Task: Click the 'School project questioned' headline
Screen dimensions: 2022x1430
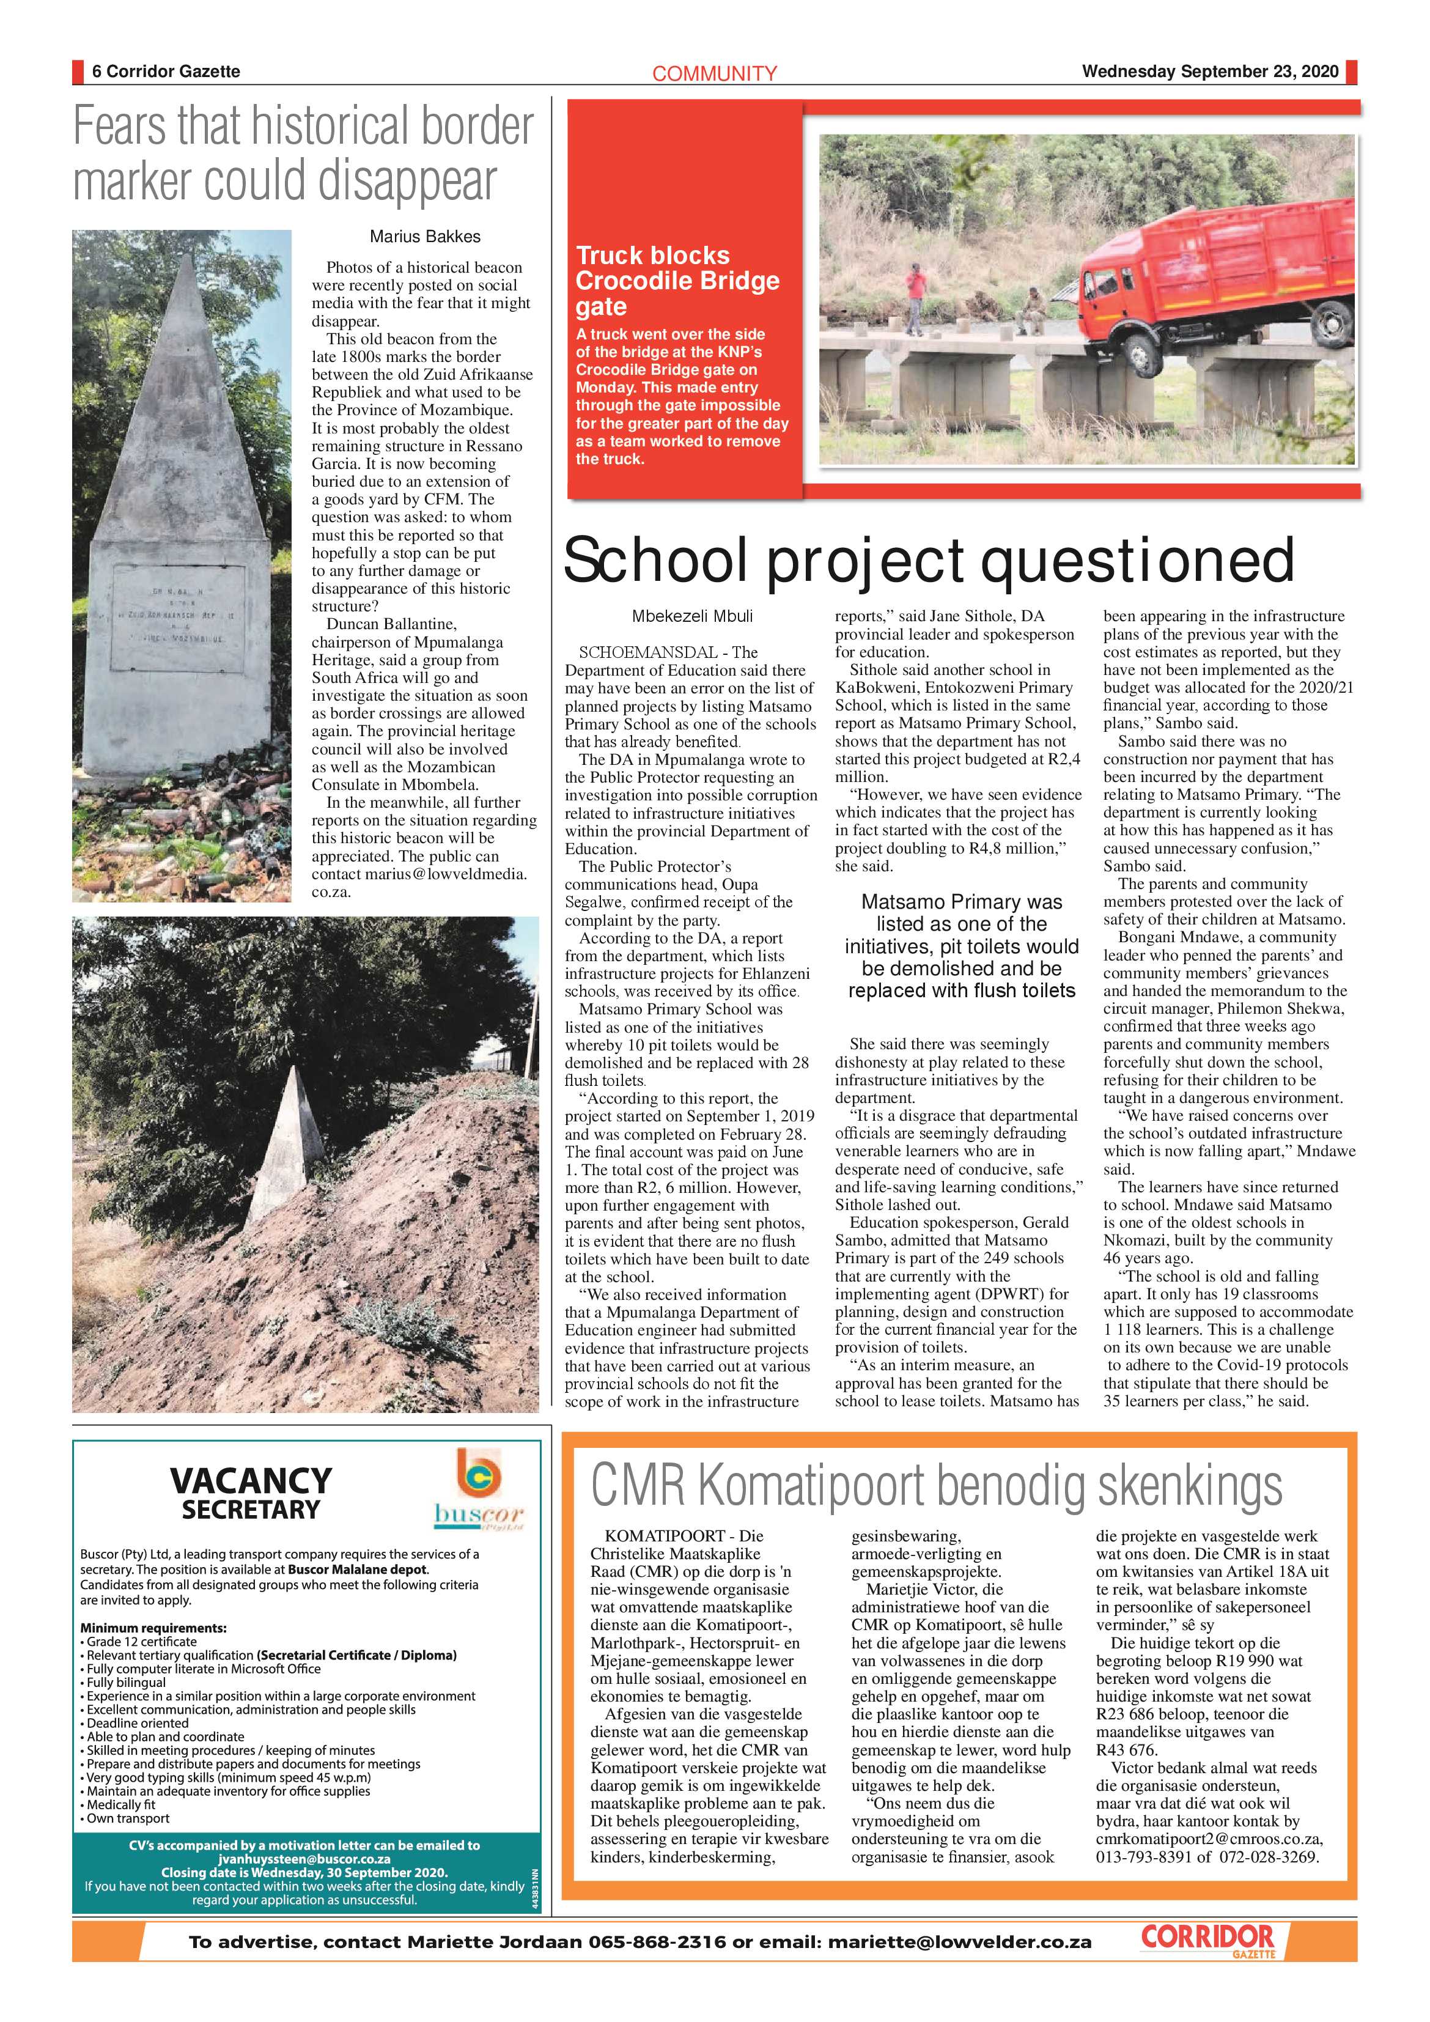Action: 928,560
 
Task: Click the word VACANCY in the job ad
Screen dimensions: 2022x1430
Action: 250,1480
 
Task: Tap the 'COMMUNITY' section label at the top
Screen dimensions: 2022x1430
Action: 714,74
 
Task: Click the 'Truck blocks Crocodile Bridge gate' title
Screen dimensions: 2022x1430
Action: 677,281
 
